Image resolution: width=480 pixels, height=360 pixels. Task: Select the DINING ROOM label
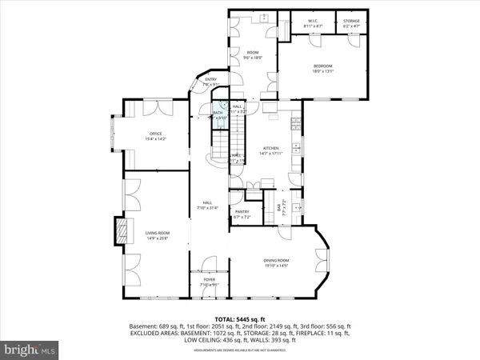[x=277, y=261]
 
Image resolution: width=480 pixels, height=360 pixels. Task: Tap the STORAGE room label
[x=351, y=22]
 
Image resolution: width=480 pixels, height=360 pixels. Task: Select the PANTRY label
[x=242, y=212]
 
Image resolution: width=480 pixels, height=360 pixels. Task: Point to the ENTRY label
[x=211, y=79]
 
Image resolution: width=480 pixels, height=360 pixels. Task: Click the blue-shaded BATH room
[x=218, y=115]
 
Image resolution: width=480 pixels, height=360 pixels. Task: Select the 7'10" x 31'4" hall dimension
[x=207, y=208]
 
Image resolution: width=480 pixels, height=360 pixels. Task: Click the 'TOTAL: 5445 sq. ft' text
[x=240, y=319]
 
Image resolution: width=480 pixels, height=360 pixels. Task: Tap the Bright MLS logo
[x=30, y=350]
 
